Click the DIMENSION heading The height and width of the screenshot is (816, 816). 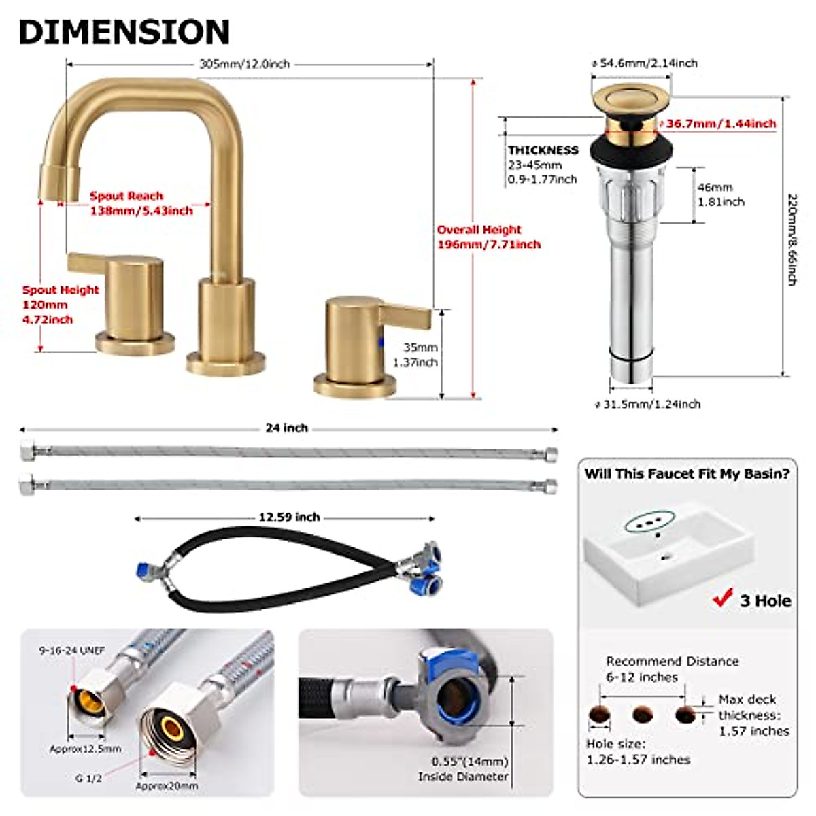tap(124, 32)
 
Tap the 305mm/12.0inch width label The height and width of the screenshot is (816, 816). tap(244, 64)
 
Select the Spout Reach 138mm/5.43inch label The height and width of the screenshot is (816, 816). tap(141, 203)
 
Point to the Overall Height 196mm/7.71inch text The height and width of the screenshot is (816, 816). tap(488, 237)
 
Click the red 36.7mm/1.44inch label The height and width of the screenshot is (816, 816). tap(721, 124)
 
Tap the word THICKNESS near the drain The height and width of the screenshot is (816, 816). tap(543, 150)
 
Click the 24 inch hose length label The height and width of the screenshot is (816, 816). tap(286, 428)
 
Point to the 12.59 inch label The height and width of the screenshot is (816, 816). tap(289, 517)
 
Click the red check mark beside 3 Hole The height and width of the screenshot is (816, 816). tap(721, 599)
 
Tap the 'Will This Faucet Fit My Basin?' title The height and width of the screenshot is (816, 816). tap(687, 474)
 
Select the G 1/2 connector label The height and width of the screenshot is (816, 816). tap(88, 778)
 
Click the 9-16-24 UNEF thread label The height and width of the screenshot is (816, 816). tap(71, 651)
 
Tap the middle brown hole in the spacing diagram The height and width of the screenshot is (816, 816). tap(643, 715)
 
